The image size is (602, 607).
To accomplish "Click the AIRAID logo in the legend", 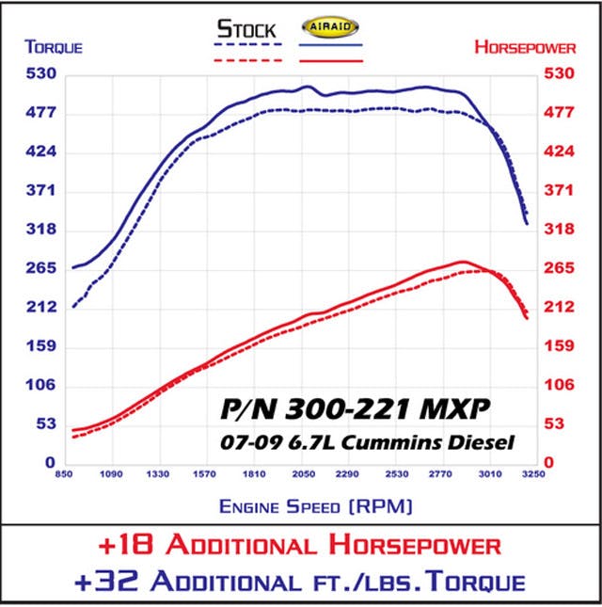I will click(331, 27).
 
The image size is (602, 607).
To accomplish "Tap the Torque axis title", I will click(54, 46).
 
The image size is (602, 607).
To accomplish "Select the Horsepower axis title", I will click(532, 46).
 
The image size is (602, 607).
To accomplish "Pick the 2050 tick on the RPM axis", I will click(302, 474).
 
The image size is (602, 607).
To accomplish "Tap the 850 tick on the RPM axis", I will click(65, 474).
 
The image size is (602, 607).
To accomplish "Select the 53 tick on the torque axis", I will click(44, 423).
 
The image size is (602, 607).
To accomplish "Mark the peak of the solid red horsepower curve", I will click(462, 262).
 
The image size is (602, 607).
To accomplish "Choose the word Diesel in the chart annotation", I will click(489, 439).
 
